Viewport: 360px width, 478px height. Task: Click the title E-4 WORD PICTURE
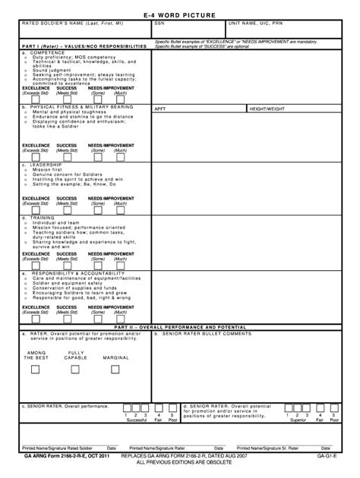pos(180,15)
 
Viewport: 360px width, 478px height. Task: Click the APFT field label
pos(160,109)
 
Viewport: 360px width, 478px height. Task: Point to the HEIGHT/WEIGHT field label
pos(269,109)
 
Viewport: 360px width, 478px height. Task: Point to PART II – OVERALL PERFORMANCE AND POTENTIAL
pos(180,326)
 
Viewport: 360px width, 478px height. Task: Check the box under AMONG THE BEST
pos(36,370)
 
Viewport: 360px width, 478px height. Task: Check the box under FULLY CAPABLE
pos(75,370)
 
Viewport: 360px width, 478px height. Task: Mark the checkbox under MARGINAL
pos(116,370)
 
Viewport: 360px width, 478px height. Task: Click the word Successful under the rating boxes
pos(137,420)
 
